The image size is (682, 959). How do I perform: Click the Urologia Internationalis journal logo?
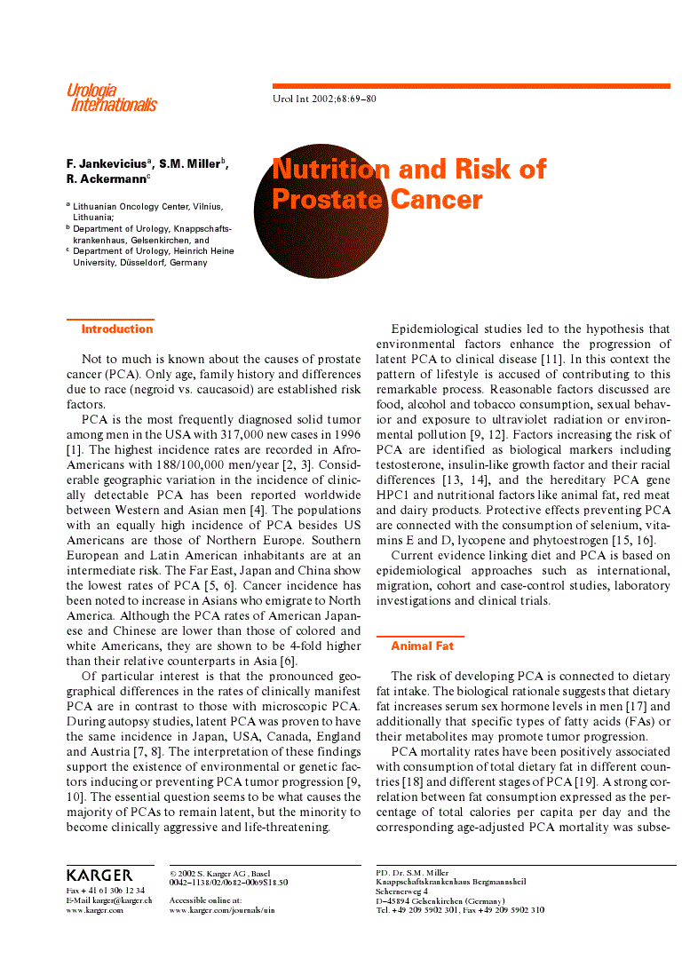point(111,98)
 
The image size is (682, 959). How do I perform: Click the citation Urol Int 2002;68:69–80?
point(324,99)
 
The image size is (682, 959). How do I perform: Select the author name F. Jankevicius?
point(107,164)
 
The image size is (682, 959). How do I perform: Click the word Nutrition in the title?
point(330,169)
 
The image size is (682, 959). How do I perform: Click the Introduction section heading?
point(116,329)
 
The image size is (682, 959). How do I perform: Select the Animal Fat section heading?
point(422,646)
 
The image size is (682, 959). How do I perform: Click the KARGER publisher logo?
point(99,876)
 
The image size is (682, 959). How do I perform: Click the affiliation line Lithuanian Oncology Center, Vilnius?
point(147,206)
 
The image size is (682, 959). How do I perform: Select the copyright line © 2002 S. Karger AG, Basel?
point(220,873)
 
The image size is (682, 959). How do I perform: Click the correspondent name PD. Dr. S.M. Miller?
point(412,873)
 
